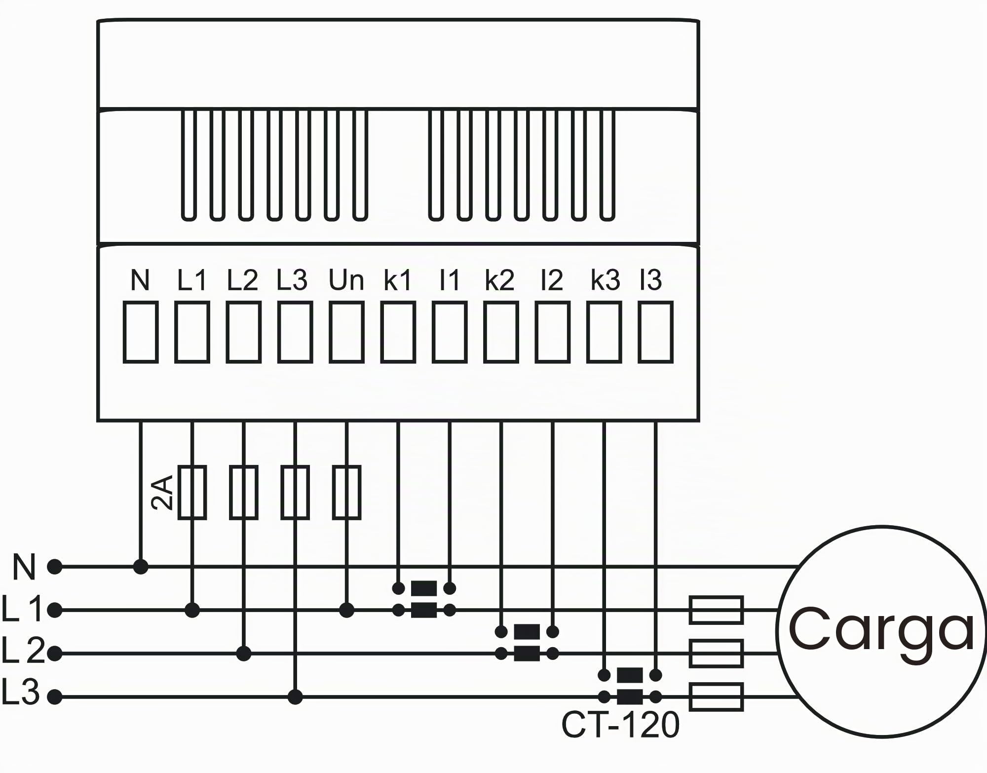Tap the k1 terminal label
[x=397, y=281]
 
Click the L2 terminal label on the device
[x=242, y=281]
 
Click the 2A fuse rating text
[x=162, y=492]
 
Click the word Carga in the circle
[x=881, y=630]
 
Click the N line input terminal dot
[x=55, y=567]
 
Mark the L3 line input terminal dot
[x=55, y=697]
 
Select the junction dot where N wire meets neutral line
[x=141, y=567]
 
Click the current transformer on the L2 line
[x=527, y=643]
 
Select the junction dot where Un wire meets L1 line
[x=346, y=611]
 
